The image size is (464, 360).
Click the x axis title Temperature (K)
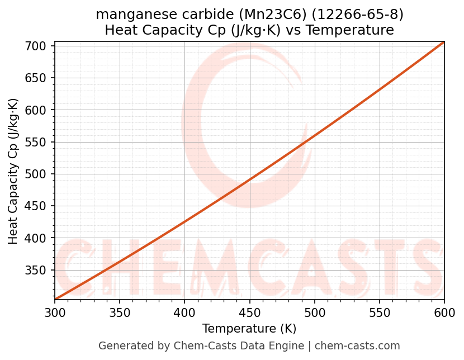tap(249, 328)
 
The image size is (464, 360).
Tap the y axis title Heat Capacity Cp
tap(13, 170)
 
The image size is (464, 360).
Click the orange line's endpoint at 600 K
tap(444, 42)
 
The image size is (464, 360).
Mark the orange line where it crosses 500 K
tap(315, 135)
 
